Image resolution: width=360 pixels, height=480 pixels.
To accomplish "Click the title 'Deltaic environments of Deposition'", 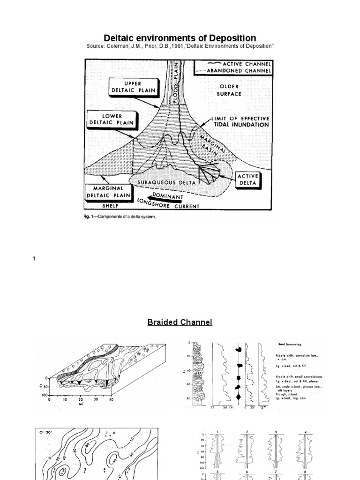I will point(180,38).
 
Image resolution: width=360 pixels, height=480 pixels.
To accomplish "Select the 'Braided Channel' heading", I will point(180,322).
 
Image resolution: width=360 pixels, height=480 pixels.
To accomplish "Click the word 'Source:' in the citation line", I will point(96,46).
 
